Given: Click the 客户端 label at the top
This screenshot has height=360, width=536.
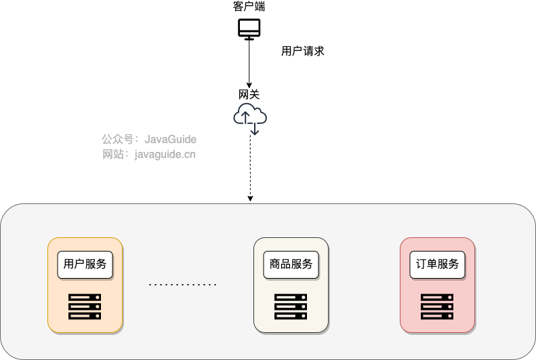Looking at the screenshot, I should (249, 7).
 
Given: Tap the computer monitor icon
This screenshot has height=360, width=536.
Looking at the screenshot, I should (249, 29).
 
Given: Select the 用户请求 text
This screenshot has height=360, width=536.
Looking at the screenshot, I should (303, 51).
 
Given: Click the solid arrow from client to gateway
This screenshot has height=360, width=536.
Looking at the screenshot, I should (249, 64).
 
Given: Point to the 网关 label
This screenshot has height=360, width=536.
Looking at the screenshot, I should (249, 95).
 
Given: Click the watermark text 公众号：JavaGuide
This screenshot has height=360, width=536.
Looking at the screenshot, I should (149, 139).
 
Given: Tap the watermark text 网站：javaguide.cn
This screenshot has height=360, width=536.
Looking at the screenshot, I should (149, 155).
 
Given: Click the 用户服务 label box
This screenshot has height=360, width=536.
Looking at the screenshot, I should (85, 264).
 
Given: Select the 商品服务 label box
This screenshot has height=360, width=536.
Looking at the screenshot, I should (291, 264).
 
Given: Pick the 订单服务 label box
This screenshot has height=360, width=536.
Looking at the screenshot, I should (437, 264).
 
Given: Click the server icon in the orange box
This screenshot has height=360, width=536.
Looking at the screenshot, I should (85, 306).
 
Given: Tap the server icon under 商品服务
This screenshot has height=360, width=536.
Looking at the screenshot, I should (291, 306).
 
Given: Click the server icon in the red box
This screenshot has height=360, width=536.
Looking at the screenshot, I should (437, 306).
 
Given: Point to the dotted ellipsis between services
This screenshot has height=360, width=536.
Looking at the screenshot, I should (183, 285).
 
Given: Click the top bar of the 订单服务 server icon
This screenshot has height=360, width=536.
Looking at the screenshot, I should (437, 298).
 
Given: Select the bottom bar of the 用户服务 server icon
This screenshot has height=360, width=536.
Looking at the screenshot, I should (85, 316).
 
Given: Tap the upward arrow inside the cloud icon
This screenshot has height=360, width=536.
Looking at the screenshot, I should (244, 118).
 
